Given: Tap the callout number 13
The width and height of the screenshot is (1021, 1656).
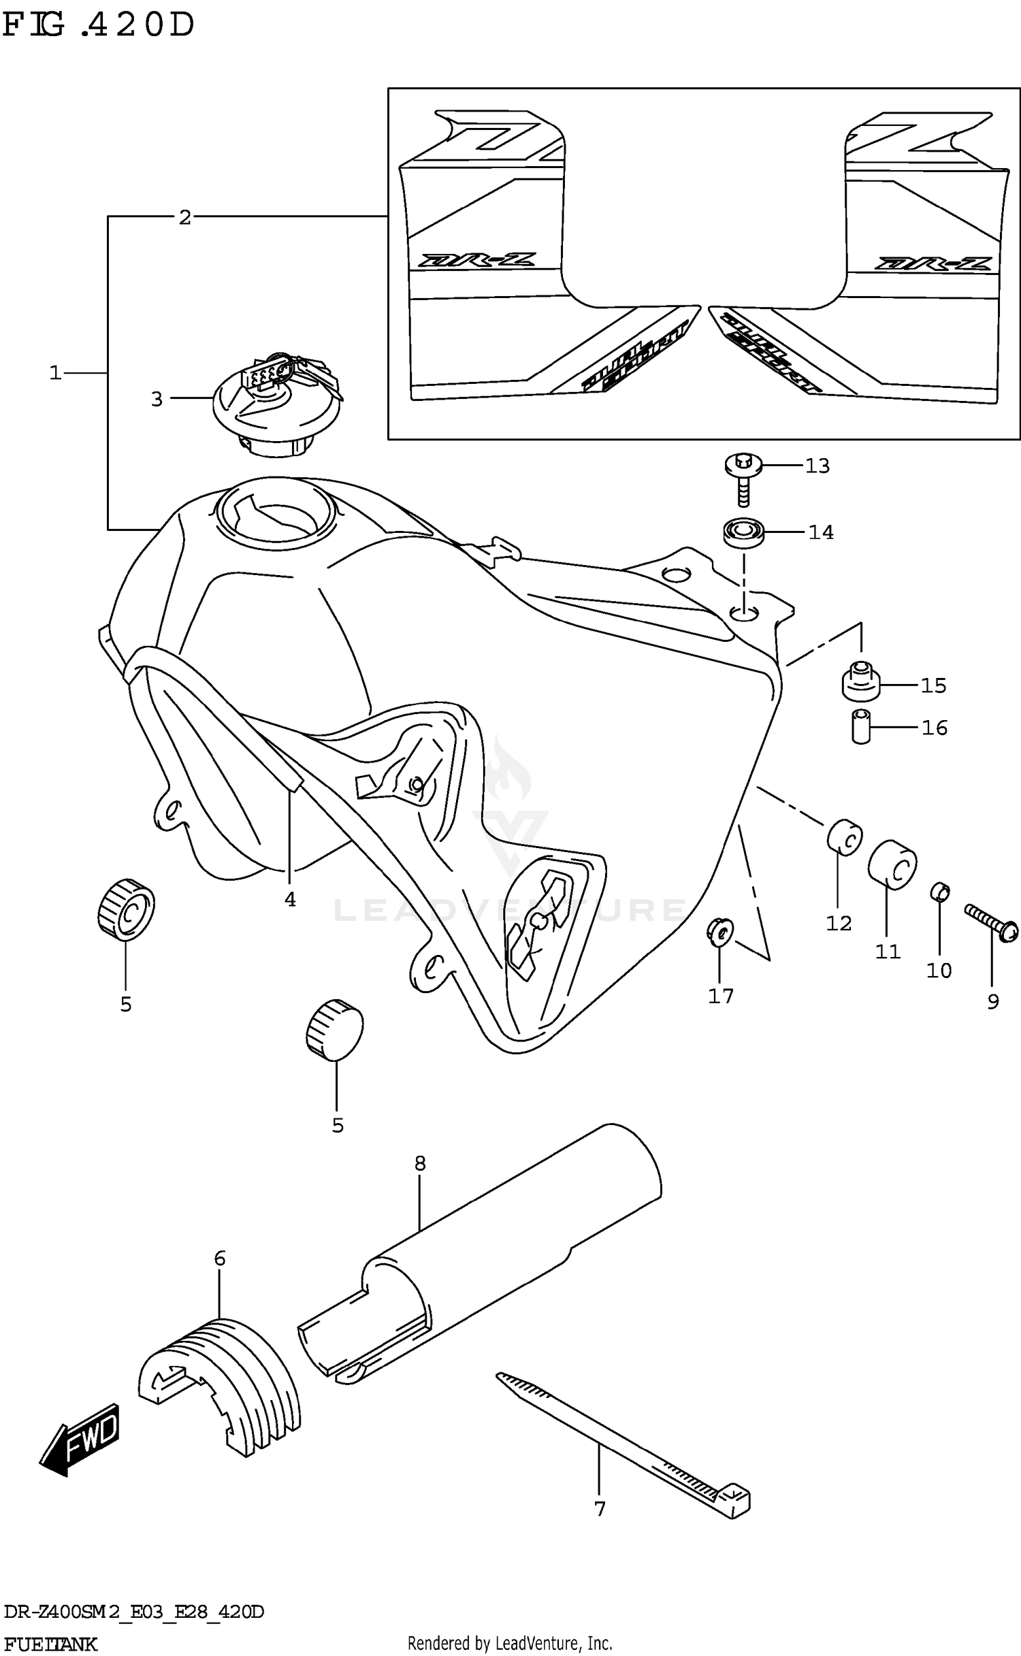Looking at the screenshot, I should pyautogui.click(x=817, y=466).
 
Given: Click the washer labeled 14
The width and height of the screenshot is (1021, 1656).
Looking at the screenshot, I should pyautogui.click(x=743, y=531).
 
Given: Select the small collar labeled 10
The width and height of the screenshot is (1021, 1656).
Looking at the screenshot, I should pyautogui.click(x=939, y=891).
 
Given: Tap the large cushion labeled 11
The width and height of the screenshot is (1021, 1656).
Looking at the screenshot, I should pyautogui.click(x=892, y=864).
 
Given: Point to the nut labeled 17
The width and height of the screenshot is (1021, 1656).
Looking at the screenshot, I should pyautogui.click(x=719, y=931).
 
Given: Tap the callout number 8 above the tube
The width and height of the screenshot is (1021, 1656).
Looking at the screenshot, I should pyautogui.click(x=419, y=1163).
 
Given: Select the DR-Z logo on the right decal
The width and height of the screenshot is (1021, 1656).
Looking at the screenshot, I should pyautogui.click(x=933, y=263).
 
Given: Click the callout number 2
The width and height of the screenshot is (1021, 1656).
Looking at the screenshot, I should pyautogui.click(x=184, y=218).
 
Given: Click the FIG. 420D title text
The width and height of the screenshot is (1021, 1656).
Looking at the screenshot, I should pyautogui.click(x=99, y=26).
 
